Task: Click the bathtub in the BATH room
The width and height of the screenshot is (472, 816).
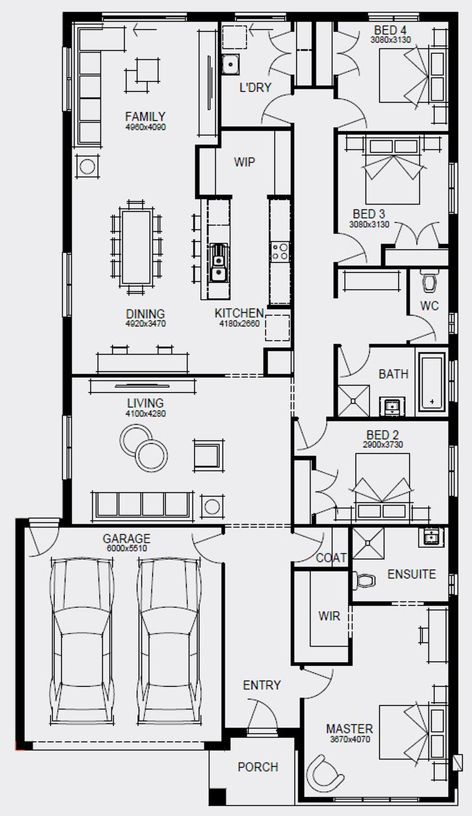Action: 431,382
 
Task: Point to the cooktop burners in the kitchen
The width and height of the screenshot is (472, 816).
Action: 280,251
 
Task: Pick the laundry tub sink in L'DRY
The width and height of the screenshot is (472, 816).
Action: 231,64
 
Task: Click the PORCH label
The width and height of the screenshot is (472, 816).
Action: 258,767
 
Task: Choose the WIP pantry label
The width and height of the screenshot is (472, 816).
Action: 244,162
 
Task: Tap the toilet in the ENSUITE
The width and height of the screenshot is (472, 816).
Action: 364,580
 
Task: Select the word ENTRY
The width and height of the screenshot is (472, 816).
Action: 262,685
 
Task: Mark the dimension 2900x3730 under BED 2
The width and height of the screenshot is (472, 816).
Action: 383,445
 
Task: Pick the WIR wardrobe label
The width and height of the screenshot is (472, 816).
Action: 329,616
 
